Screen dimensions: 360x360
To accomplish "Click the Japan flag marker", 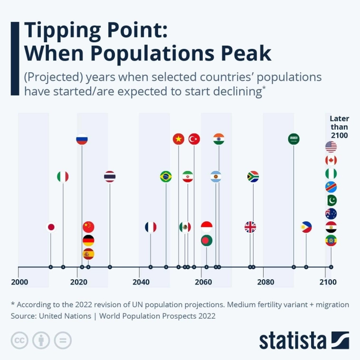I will click(x=51, y=227).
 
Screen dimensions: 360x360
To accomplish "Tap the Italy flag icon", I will click(x=63, y=177).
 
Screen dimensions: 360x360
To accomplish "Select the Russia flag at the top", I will click(x=82, y=139).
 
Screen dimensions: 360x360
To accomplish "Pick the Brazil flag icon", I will click(x=166, y=177).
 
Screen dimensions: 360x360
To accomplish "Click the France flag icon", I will click(x=151, y=227).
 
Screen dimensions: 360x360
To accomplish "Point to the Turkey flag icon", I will click(x=194, y=139).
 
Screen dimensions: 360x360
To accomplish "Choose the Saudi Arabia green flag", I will click(x=294, y=139).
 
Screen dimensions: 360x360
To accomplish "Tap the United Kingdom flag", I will click(x=250, y=227).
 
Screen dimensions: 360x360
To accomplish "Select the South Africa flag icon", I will click(x=253, y=177).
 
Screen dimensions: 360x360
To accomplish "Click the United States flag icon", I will click(x=331, y=147).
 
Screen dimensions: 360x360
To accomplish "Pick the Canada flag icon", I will click(x=331, y=160).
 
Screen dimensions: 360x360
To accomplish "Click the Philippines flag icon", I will click(x=306, y=227).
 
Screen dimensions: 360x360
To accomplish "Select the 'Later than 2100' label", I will click(x=339, y=127).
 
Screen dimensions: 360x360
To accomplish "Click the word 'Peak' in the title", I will click(x=238, y=53).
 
